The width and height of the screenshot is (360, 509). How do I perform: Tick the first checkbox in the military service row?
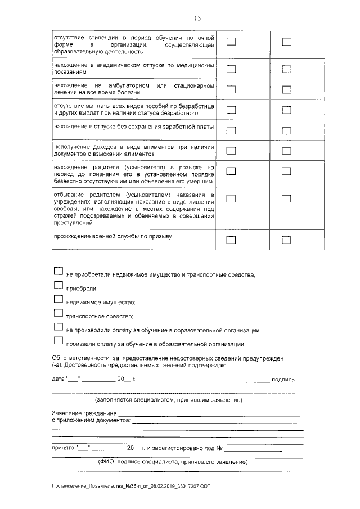(x=231, y=240)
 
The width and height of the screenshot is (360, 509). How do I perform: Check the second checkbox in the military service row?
(x=287, y=240)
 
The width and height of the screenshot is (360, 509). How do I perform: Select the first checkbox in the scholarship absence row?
(x=231, y=42)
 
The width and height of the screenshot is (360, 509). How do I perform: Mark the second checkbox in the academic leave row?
(x=287, y=69)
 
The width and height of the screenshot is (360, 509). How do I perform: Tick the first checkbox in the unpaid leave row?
(x=231, y=130)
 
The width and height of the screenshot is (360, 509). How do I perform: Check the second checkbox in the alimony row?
(x=287, y=151)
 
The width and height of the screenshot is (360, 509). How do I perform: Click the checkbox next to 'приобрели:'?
(x=58, y=285)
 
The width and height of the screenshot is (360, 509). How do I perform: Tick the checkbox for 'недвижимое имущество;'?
(x=58, y=299)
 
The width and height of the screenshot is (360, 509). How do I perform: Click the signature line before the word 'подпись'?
(x=241, y=381)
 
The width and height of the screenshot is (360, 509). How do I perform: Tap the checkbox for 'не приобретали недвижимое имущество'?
(x=58, y=271)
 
